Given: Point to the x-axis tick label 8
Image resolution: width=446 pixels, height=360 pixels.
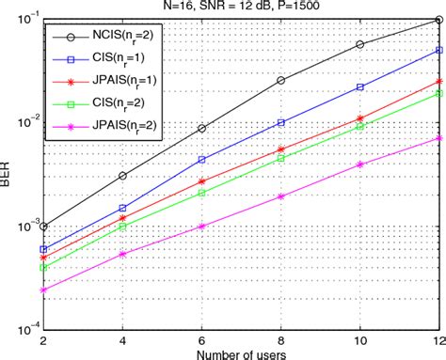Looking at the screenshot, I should point(282,337).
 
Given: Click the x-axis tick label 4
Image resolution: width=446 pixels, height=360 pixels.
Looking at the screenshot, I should point(123,337).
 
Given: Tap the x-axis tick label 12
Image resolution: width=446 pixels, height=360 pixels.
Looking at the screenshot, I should point(439,337).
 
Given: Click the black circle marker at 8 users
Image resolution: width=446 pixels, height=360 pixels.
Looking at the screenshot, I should point(282,81).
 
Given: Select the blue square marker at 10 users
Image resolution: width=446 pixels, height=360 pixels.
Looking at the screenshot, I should point(361,86).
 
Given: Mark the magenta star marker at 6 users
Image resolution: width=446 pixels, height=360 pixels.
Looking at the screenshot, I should point(202,227).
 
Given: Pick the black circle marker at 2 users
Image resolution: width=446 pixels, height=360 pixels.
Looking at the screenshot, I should point(44,227).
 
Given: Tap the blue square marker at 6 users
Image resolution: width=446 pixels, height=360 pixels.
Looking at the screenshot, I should point(202,160).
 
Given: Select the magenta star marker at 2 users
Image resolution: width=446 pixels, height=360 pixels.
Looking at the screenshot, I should point(44,290).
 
